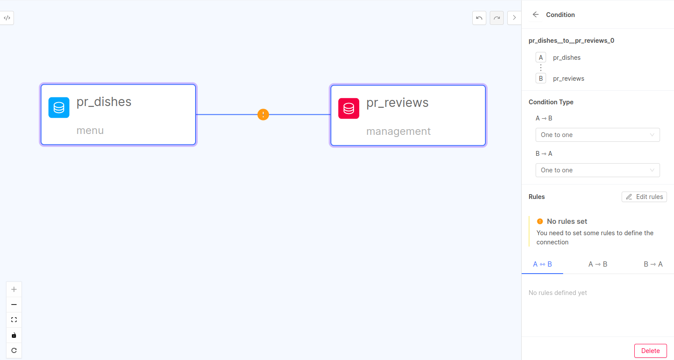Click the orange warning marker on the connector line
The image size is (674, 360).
[263, 114]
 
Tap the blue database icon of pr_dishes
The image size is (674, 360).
[59, 107]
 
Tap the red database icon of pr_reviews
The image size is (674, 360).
[349, 108]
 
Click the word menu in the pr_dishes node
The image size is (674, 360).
[90, 130]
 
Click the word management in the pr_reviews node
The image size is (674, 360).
[399, 131]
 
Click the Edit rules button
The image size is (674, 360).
[644, 197]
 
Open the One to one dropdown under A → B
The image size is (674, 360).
[598, 135]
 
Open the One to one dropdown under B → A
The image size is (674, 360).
[598, 170]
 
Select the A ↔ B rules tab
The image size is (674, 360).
[542, 264]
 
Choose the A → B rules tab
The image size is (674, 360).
[598, 264]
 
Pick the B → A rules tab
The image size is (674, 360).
[653, 264]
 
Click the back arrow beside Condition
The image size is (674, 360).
[536, 14]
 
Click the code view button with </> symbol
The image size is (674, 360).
[7, 18]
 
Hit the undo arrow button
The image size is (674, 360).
[479, 18]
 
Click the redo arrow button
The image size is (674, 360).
[496, 18]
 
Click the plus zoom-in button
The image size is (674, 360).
[14, 289]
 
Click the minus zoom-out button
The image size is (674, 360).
[14, 305]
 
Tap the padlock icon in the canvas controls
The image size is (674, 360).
[14, 335]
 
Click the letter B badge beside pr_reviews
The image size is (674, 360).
[541, 79]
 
